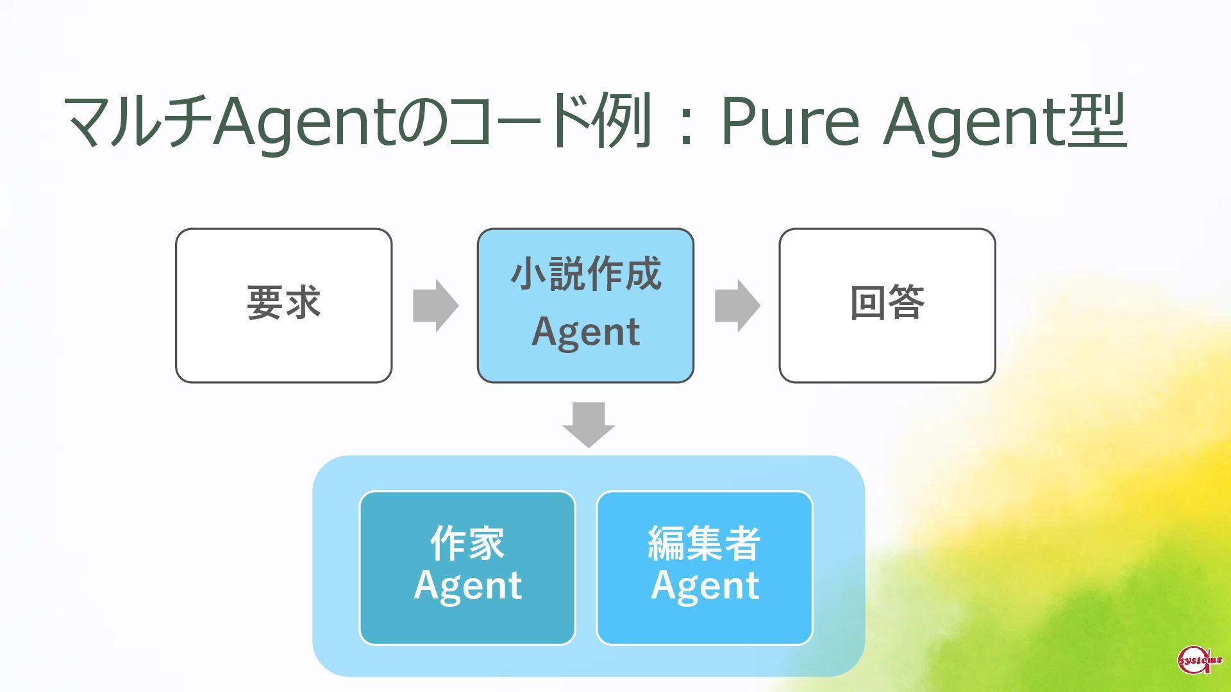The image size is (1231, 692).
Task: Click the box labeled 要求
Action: tap(283, 306)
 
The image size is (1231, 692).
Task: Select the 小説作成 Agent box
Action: tap(585, 306)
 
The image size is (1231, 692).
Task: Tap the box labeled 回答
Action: tap(887, 306)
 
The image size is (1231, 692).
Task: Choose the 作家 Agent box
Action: tap(467, 568)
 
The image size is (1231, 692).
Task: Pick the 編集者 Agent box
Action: tap(705, 568)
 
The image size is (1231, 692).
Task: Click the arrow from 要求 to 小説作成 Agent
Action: tap(435, 306)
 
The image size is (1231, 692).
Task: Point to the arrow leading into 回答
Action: tap(737, 306)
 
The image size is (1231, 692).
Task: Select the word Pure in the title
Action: tap(789, 121)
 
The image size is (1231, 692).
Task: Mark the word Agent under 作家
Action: tap(468, 586)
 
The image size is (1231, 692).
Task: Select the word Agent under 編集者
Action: tap(705, 586)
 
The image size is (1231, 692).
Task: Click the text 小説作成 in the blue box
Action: tap(586, 274)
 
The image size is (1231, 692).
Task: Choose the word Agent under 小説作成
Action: tap(586, 332)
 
